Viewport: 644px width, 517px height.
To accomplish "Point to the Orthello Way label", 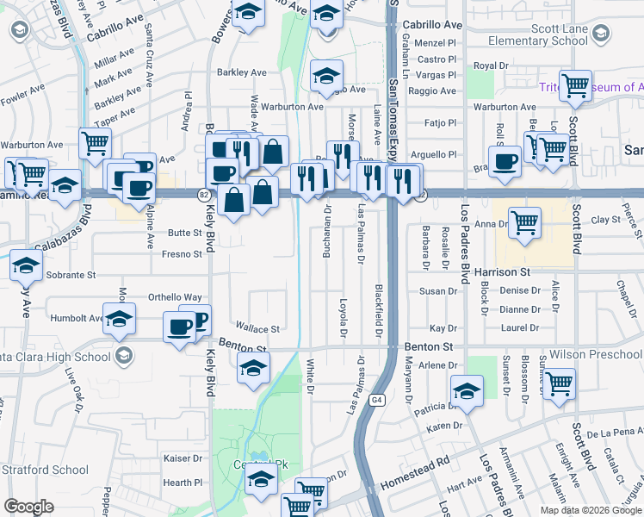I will tap(176, 297).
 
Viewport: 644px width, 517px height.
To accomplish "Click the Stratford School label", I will tap(44, 470).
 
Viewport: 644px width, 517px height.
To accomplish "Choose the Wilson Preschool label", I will tap(596, 354).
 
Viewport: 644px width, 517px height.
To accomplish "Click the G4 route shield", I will tap(377, 400).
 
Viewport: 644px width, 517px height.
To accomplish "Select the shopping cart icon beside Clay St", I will tap(524, 223).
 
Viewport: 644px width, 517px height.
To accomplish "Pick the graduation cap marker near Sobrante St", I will tap(27, 266).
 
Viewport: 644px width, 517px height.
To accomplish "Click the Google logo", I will tap(28, 507).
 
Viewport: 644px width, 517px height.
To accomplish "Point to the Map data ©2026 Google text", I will tap(591, 510).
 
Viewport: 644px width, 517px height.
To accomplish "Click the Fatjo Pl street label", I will tap(440, 123).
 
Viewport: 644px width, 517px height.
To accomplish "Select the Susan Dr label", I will tap(432, 292).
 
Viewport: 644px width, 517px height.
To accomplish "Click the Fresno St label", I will tap(185, 254).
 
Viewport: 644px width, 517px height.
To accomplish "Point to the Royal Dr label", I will tap(492, 65).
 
